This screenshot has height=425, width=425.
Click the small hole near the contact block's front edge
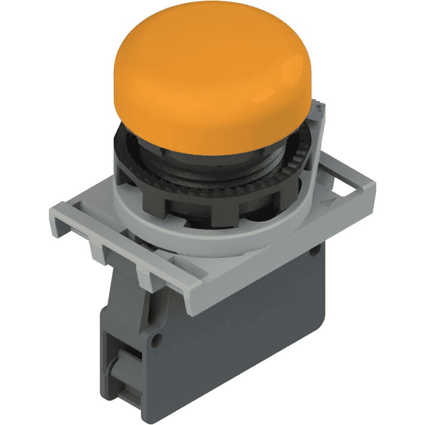pos(157,339)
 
